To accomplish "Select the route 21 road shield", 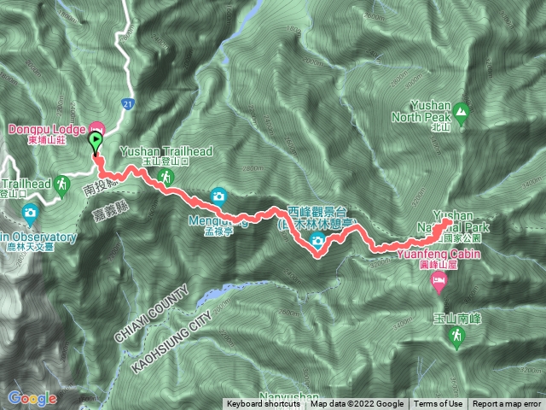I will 127,102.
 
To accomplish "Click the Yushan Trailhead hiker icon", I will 168,176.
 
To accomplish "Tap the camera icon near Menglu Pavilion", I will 219,195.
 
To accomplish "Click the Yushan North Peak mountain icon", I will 461,110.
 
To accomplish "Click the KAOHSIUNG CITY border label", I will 171,328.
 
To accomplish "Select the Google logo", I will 32,398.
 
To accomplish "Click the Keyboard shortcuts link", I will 263,404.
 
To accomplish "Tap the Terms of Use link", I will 439,404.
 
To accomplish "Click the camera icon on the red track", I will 317,244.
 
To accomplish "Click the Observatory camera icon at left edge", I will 31,212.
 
